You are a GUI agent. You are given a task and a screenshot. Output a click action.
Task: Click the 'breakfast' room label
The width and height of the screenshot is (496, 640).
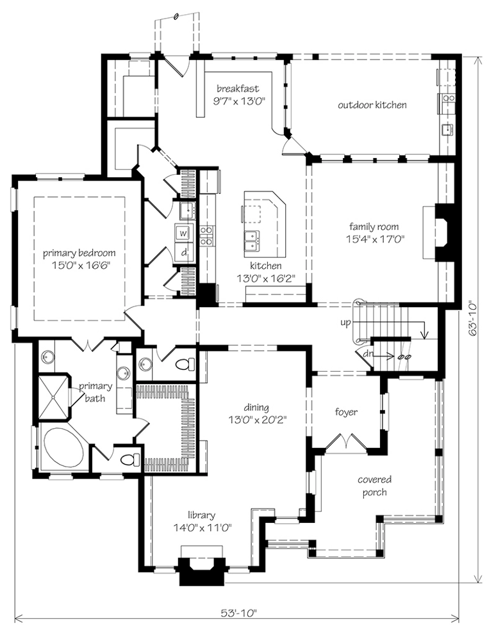tap(238, 88)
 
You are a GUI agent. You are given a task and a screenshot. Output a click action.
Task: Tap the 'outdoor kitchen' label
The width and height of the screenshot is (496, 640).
tap(372, 105)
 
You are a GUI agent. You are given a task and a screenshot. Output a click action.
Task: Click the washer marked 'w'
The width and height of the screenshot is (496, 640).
tap(183, 233)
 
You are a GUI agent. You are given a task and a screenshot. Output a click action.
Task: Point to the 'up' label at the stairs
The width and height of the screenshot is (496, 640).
tap(345, 323)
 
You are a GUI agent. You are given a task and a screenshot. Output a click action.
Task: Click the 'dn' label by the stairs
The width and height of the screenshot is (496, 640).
tap(368, 354)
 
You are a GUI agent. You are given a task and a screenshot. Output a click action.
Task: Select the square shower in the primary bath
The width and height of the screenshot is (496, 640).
tap(53, 397)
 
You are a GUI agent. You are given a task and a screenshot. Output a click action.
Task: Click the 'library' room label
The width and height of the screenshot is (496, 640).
tap(201, 515)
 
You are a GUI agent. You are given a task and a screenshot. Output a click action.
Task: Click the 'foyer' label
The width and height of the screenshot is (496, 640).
tap(346, 412)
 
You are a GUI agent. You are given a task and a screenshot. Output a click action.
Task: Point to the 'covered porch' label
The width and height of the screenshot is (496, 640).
tap(374, 486)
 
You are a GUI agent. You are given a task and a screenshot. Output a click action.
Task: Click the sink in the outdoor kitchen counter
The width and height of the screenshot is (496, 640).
tap(448, 130)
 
